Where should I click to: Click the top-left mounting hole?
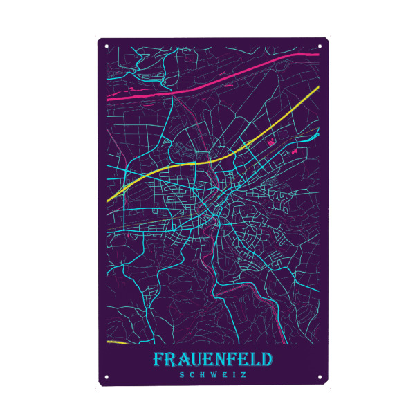(x=107, y=47)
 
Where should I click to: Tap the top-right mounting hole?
(x=320, y=47)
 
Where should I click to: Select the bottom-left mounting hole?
(x=107, y=378)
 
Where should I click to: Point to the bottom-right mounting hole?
(x=320, y=378)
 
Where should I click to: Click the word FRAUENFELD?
(x=213, y=360)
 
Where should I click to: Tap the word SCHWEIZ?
(x=213, y=375)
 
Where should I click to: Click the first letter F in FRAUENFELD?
(x=158, y=360)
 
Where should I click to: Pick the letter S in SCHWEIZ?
(x=181, y=375)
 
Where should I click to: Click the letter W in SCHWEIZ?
(x=214, y=375)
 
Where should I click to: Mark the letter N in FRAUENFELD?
(x=222, y=360)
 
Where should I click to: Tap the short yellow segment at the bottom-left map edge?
(x=118, y=342)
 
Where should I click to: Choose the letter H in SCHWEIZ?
(x=203, y=375)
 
